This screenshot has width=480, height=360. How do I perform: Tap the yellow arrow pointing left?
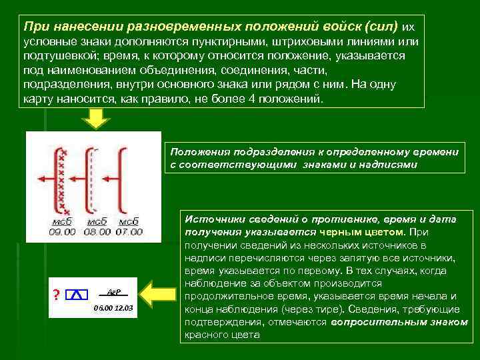click(x=159, y=294)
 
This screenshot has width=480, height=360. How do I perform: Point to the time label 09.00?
click(x=61, y=232)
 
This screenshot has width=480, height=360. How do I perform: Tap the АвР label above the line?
click(x=113, y=291)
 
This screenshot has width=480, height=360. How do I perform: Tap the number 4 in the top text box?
click(x=255, y=98)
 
